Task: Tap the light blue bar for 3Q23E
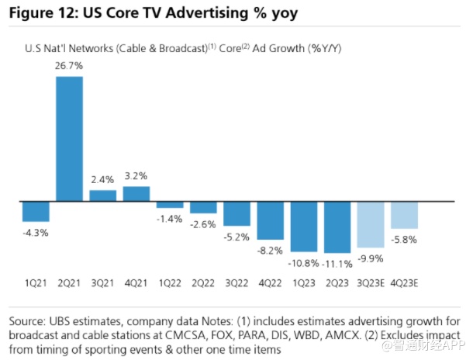371,225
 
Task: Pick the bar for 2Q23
337,227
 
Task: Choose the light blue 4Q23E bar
404,215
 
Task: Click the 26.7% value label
69,67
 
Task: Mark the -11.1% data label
338,265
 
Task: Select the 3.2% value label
136,175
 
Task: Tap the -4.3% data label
36,232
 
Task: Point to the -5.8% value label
405,240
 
